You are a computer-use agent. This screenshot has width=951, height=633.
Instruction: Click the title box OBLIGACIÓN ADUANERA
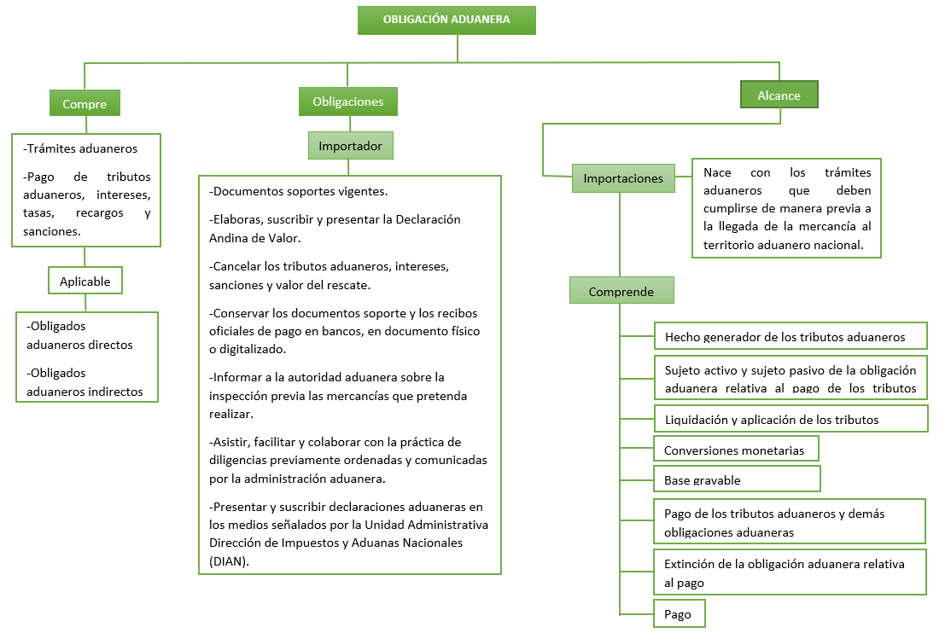click(x=446, y=20)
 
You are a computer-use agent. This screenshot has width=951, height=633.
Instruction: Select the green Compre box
click(x=85, y=103)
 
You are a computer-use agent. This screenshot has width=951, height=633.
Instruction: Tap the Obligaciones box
click(x=348, y=102)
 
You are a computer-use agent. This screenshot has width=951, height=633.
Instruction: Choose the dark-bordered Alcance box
click(x=779, y=95)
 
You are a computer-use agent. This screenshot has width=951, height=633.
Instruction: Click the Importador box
click(x=351, y=146)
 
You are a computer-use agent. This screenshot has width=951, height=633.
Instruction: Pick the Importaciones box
click(x=623, y=178)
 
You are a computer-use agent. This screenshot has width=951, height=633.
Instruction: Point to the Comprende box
click(x=621, y=290)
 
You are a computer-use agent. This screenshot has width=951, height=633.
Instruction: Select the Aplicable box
click(x=85, y=281)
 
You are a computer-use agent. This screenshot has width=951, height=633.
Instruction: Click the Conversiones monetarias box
click(x=736, y=449)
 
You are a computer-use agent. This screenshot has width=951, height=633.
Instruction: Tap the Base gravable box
click(x=737, y=479)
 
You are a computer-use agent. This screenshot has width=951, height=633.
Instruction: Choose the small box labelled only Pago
click(x=680, y=613)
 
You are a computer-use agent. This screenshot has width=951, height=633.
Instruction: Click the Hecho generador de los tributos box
click(x=791, y=336)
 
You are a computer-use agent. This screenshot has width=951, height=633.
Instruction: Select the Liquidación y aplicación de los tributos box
click(x=791, y=418)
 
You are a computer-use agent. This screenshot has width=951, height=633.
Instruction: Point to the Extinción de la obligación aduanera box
click(x=790, y=572)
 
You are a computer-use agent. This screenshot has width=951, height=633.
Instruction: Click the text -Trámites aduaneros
click(x=80, y=148)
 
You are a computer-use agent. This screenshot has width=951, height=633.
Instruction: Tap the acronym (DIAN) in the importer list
click(x=230, y=561)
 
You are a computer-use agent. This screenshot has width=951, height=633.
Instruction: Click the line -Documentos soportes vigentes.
click(x=299, y=192)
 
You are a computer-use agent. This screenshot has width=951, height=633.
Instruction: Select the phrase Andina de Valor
click(x=254, y=238)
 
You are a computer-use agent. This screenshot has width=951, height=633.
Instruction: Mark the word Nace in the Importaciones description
click(x=717, y=173)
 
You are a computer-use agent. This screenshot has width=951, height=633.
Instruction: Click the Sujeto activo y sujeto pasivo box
click(x=791, y=377)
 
